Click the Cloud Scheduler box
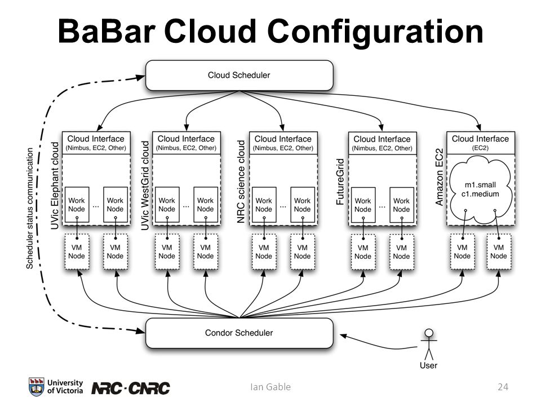pyautogui.click(x=239, y=75)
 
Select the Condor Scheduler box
pyautogui.click(x=239, y=333)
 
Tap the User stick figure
pyautogui.click(x=428, y=345)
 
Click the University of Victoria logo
pyautogui.click(x=56, y=387)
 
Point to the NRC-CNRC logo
pyautogui.click(x=131, y=389)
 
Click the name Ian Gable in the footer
pyautogui.click(x=270, y=387)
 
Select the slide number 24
pyautogui.click(x=503, y=387)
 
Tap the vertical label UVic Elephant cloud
pyautogui.click(x=55, y=186)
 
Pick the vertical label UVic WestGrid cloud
pyautogui.click(x=145, y=186)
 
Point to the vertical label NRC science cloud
pyautogui.click(x=241, y=182)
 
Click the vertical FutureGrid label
pyautogui.click(x=340, y=182)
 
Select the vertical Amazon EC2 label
pyautogui.click(x=439, y=178)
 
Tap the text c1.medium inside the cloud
pyautogui.click(x=480, y=194)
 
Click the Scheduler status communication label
pyautogui.click(x=30, y=209)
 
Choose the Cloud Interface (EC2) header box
pyautogui.click(x=481, y=143)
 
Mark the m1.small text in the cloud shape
pyautogui.click(x=480, y=185)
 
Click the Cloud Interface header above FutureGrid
pyautogui.click(x=382, y=143)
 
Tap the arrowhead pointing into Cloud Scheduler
pyautogui.click(x=141, y=77)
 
